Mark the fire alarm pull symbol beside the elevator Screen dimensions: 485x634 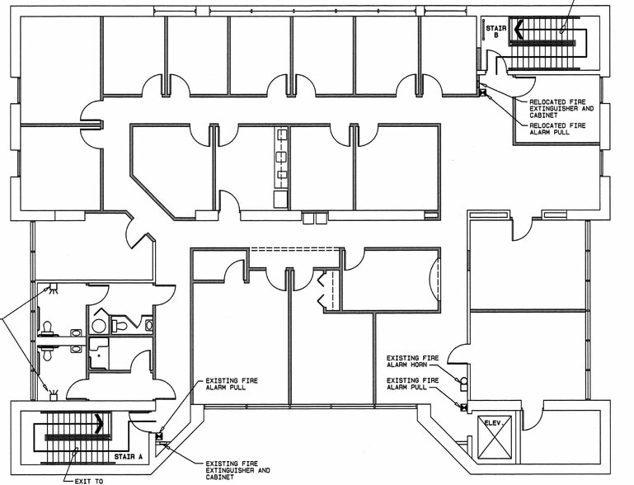tap(464, 405)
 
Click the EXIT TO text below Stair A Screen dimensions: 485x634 tap(86, 479)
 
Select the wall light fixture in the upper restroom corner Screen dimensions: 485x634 tap(53, 289)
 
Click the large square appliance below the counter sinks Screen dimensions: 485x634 tap(281, 198)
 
